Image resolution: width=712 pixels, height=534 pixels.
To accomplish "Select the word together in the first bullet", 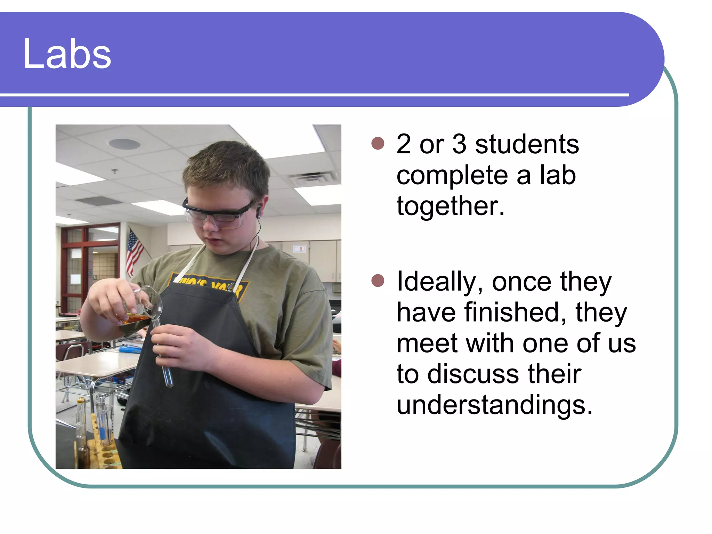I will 450,206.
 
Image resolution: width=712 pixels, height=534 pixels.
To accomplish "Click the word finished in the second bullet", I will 516,312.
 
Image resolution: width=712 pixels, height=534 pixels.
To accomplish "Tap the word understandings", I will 494,405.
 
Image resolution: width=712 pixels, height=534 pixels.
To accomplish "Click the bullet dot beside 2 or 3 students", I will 378,143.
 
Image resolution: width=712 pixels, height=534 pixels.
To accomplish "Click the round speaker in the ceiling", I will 124,144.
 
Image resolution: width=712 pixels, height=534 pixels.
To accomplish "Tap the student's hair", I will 226,167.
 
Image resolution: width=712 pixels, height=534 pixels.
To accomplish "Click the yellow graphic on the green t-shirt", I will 209,283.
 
